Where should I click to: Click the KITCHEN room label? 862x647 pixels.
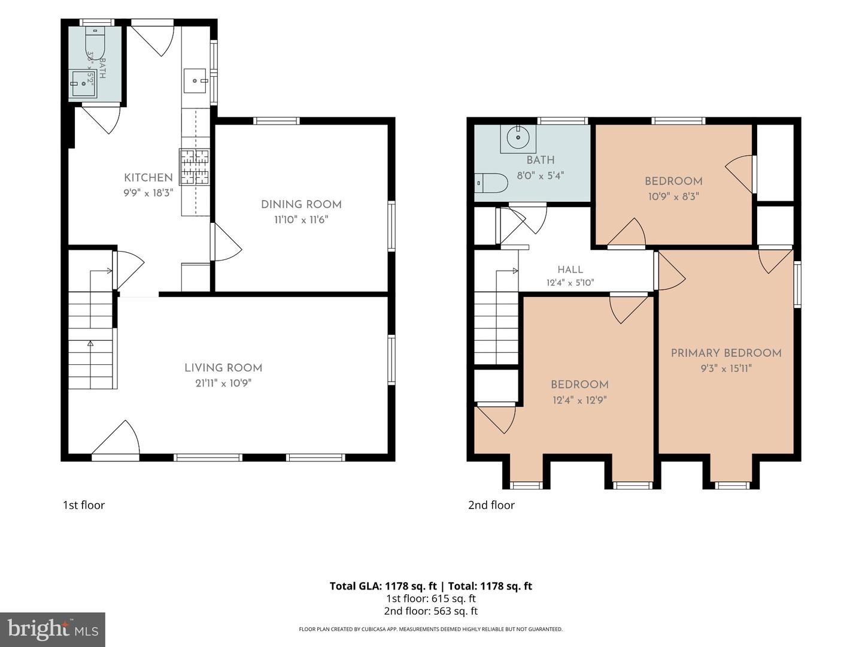click(x=148, y=177)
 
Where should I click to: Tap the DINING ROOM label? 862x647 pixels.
click(x=301, y=204)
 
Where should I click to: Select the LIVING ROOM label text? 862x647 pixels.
click(x=223, y=368)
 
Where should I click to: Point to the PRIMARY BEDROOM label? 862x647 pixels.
click(x=726, y=353)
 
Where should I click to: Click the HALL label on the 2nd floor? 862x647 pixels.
click(x=570, y=270)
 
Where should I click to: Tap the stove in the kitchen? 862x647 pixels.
click(x=195, y=167)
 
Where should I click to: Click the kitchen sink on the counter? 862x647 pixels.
click(x=195, y=80)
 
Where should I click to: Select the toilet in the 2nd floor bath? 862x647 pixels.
click(x=491, y=183)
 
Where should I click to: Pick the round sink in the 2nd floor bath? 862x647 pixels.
click(x=518, y=137)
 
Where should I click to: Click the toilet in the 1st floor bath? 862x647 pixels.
click(x=95, y=43)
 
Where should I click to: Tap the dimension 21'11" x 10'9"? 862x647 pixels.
click(x=223, y=383)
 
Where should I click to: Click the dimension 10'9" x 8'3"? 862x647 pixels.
click(x=673, y=196)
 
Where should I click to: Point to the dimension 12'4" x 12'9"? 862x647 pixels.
click(x=579, y=400)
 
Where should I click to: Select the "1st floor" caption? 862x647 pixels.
click(x=84, y=505)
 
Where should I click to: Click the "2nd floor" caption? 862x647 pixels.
click(x=491, y=505)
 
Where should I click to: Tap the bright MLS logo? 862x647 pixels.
click(x=53, y=630)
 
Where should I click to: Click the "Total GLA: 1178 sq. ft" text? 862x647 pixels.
click(x=383, y=586)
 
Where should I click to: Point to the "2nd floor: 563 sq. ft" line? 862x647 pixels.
click(x=431, y=611)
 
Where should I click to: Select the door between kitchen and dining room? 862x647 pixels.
click(x=226, y=242)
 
